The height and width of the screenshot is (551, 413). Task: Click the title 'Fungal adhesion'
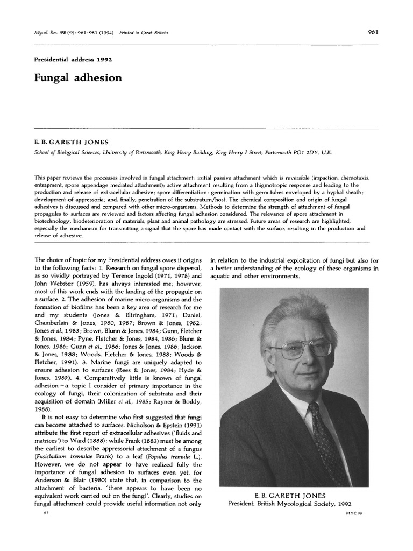79,78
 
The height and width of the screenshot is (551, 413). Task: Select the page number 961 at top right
373,32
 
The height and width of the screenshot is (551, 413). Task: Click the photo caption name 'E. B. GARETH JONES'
290,495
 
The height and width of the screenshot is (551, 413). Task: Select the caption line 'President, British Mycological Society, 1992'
290,504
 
